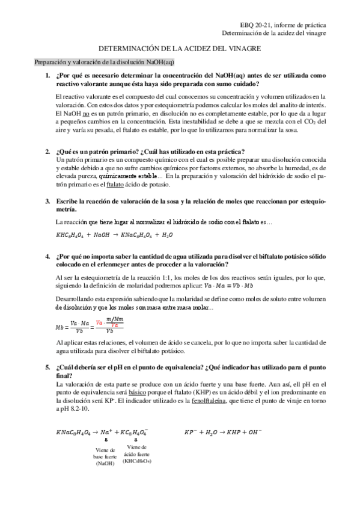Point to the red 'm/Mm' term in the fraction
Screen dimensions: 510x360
[112, 319]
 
